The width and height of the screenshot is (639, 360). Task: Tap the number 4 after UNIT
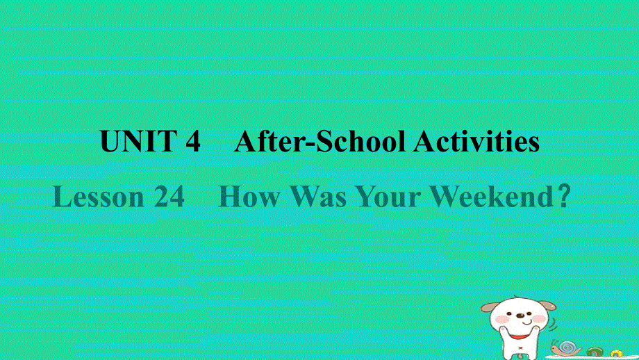[192, 142]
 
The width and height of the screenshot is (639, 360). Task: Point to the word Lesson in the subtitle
[98, 197]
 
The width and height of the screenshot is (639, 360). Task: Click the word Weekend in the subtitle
[490, 197]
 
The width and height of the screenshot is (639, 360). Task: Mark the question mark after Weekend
[563, 197]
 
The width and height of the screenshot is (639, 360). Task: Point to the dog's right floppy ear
[549, 306]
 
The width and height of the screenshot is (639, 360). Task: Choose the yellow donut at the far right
[616, 353]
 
